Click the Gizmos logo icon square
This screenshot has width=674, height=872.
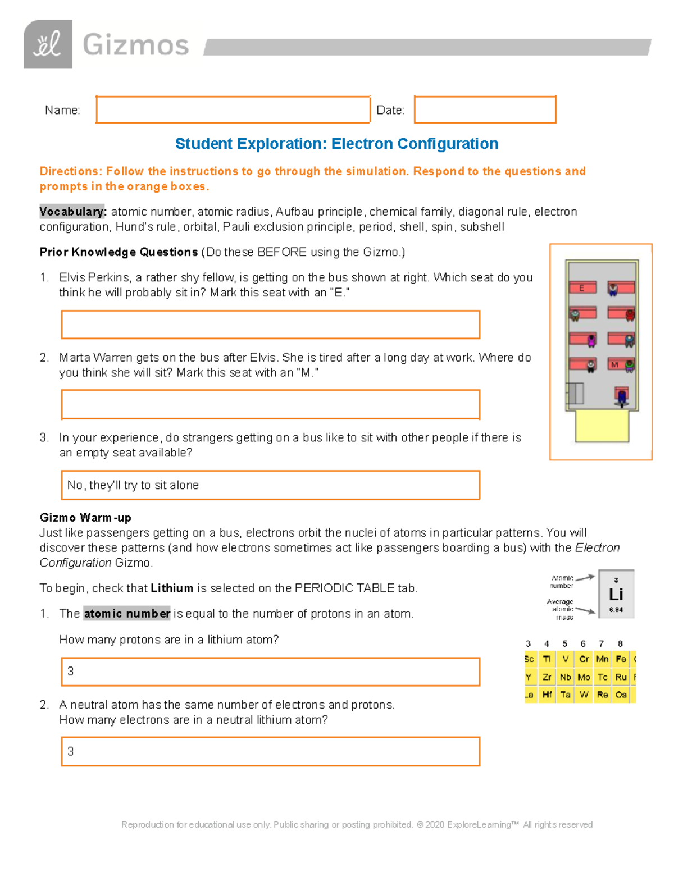(x=48, y=44)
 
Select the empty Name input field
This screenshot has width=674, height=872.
(x=233, y=109)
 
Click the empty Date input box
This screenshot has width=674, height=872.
(x=485, y=109)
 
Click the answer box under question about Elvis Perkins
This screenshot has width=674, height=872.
(x=270, y=325)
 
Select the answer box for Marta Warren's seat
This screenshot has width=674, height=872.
(x=270, y=404)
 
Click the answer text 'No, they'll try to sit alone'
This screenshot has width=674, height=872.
(x=133, y=485)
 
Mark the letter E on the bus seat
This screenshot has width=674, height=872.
(x=582, y=288)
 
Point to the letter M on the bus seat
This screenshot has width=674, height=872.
(x=614, y=365)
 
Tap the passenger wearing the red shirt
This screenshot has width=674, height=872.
(x=630, y=314)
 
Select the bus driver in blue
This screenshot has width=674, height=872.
(x=621, y=396)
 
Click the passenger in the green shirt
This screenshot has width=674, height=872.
(x=630, y=366)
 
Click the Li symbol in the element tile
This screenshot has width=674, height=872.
(x=616, y=594)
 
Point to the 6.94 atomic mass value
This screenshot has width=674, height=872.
(x=616, y=610)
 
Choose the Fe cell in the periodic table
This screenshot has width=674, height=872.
(x=621, y=659)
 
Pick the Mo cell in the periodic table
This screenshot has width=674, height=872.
(x=584, y=677)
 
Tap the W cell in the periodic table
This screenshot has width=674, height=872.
(x=584, y=695)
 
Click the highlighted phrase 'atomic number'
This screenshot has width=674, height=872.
(x=127, y=614)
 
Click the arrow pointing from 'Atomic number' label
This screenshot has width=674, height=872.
(x=585, y=577)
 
